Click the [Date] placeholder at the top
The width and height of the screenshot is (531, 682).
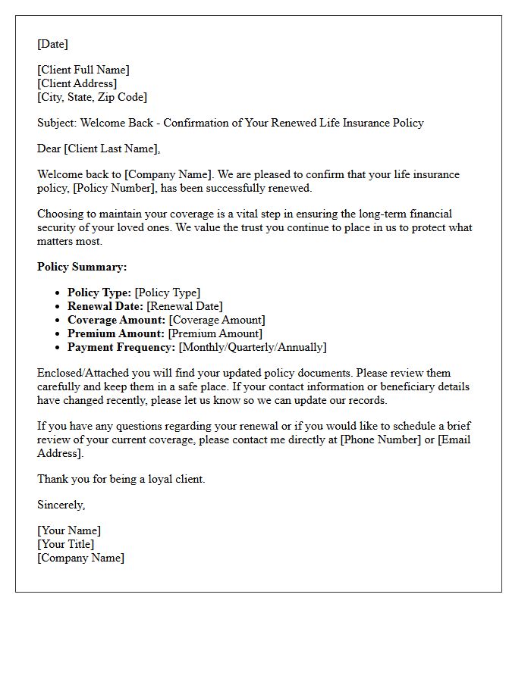(x=52, y=44)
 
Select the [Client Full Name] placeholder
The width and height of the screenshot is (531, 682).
(x=83, y=70)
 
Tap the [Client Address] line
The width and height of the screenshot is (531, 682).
(x=77, y=83)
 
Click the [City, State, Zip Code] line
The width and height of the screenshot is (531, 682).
(x=92, y=97)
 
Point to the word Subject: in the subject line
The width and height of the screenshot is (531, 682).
(x=57, y=123)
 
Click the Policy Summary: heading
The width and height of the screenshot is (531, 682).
(x=82, y=267)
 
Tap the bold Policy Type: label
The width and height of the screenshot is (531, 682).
(x=99, y=293)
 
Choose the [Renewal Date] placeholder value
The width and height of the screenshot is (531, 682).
(x=184, y=306)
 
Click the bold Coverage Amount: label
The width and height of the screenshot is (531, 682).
(x=116, y=320)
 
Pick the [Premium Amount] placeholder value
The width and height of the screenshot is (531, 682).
(x=215, y=333)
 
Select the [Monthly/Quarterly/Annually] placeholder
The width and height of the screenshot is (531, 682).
(x=253, y=347)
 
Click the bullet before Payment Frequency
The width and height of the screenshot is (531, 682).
(x=58, y=347)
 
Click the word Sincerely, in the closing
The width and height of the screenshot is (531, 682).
(x=61, y=505)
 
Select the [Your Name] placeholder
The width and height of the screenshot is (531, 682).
(x=69, y=530)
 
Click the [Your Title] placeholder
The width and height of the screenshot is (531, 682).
(x=66, y=544)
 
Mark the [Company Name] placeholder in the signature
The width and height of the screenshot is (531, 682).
(x=80, y=558)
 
